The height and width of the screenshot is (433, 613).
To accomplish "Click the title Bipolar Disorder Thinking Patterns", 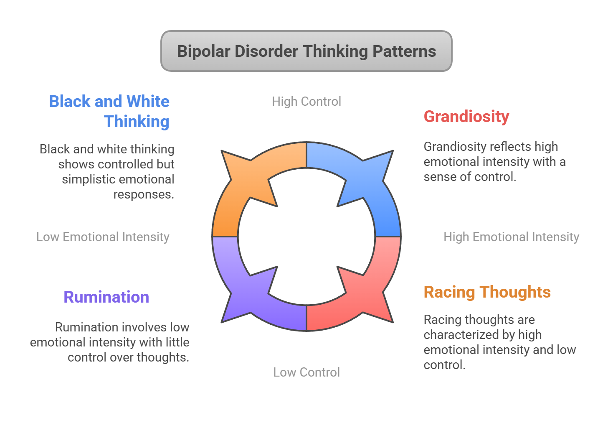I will [306, 51].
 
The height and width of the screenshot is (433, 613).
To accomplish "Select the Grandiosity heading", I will [466, 116].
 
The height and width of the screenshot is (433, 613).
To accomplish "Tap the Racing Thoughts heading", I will [487, 292].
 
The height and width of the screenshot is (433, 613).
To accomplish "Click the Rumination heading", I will [106, 297].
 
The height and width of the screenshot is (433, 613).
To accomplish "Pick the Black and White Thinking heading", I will [109, 111].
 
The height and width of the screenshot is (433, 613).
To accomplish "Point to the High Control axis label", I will [306, 101].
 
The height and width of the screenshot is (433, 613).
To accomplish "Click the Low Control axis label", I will [306, 372].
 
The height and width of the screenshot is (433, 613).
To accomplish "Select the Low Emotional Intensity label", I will [103, 237].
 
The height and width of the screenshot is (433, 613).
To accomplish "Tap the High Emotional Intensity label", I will [511, 237].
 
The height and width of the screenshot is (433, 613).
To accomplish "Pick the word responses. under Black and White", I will [144, 194].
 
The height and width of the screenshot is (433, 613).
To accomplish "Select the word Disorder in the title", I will [266, 51].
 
